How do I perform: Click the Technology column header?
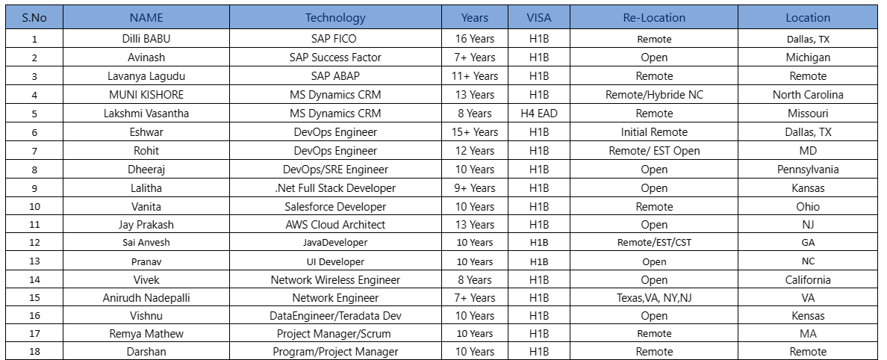[x=335, y=18]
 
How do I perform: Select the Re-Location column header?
[x=654, y=18]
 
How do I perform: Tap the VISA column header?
[x=538, y=18]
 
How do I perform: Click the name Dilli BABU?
[x=146, y=39]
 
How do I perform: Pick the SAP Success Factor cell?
[x=335, y=58]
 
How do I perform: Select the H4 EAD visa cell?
[x=538, y=114]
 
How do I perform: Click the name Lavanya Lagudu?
[x=146, y=76]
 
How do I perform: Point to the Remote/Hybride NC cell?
[x=654, y=95]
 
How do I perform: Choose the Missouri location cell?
[x=808, y=114]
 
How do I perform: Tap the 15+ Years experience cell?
[x=475, y=132]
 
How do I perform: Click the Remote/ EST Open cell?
[x=654, y=151]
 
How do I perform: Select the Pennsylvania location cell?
[x=808, y=170]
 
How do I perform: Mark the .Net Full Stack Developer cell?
[x=335, y=188]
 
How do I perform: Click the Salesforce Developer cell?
[x=335, y=207]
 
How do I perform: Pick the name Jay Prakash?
[x=146, y=225]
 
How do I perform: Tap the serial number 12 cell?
[x=34, y=243]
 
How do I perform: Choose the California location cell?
[x=808, y=280]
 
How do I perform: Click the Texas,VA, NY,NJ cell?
[x=654, y=298]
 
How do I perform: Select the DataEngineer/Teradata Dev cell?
[x=335, y=316]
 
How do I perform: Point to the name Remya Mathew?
[x=146, y=334]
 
